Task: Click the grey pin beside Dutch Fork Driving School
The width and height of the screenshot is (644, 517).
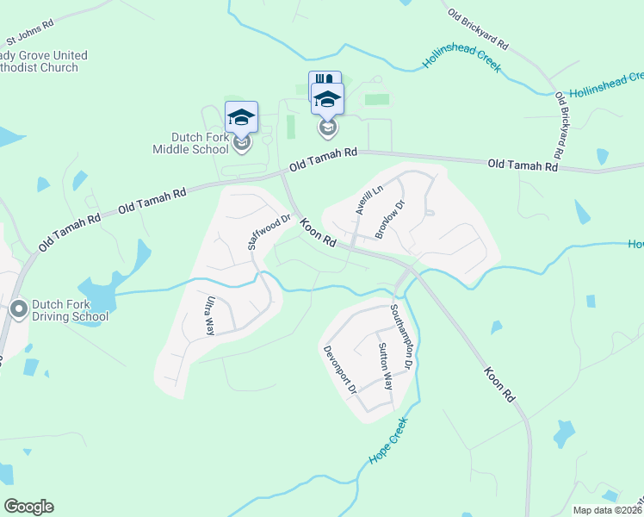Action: [19, 308]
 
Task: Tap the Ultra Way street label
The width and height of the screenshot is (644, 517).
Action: [209, 315]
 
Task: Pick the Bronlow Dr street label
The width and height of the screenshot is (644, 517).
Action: [390, 219]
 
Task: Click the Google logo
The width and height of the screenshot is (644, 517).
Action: [28, 507]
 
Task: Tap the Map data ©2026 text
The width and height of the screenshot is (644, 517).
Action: [607, 510]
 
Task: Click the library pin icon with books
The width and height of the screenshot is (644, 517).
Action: [324, 84]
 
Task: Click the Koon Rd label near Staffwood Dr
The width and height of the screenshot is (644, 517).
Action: [318, 233]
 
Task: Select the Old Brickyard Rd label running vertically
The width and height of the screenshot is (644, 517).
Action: [560, 125]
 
